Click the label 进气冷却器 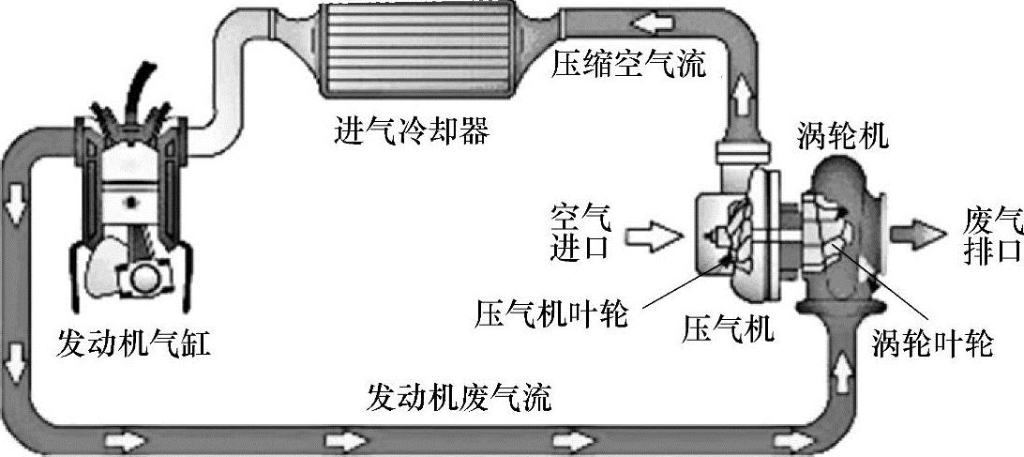[x=411, y=130]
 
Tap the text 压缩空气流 [x=627, y=63]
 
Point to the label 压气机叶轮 [x=551, y=312]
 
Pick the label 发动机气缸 [x=133, y=343]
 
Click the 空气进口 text [x=580, y=233]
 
